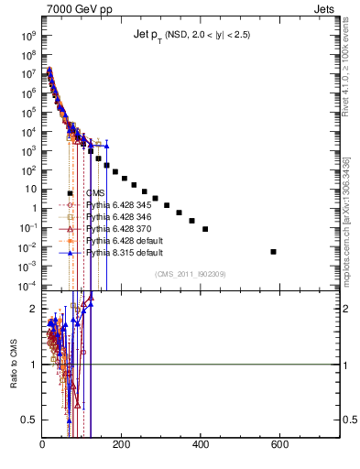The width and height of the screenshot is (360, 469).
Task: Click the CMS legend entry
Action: pos(95,192)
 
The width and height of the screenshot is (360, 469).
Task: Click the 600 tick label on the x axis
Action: pos(280,446)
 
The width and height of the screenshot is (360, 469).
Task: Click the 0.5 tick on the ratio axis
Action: pos(28,420)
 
